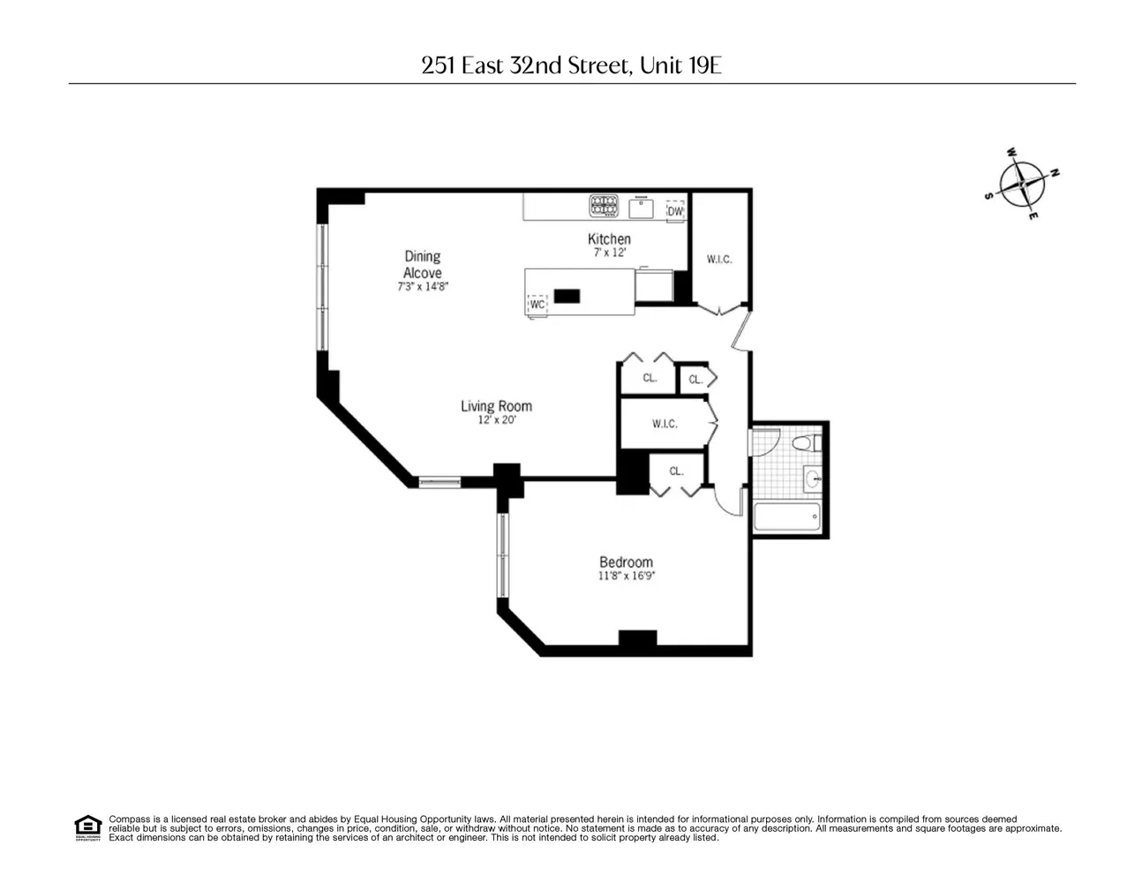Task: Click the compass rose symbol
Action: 1022,184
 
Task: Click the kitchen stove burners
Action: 604,206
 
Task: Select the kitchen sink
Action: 641,208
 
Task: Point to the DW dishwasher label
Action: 675,211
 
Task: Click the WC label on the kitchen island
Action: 537,305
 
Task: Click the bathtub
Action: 786,517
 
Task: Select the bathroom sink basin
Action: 813,479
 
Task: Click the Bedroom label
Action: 626,562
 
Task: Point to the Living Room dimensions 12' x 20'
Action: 497,420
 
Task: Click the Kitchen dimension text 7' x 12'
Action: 610,253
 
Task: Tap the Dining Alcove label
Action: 423,264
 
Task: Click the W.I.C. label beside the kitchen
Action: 719,259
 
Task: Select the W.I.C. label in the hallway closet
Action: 665,424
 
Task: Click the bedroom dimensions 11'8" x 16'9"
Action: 627,576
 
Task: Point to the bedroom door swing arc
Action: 723,507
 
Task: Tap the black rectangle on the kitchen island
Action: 567,296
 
